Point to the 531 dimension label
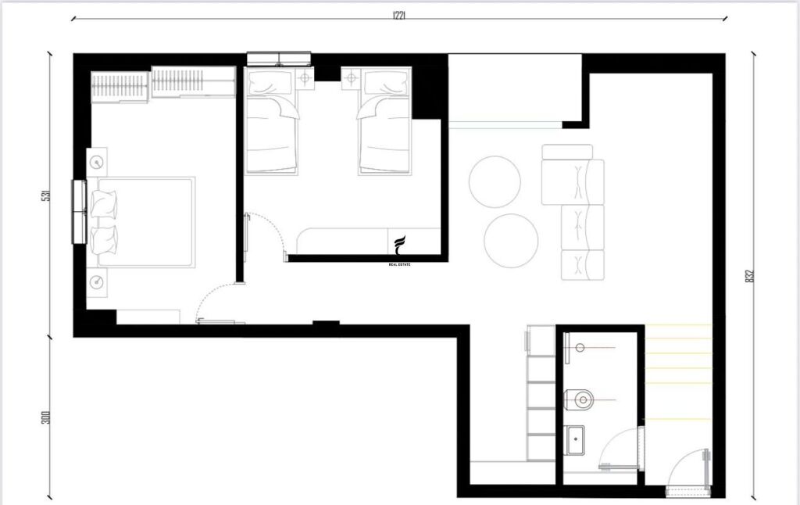click(x=46, y=195)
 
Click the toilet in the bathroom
click(x=582, y=400)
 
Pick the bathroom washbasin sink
click(x=576, y=439)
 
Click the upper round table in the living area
click(x=495, y=182)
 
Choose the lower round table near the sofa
click(x=510, y=241)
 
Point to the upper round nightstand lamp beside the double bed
click(x=97, y=162)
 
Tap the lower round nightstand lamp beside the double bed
click(x=97, y=281)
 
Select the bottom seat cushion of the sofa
click(x=584, y=265)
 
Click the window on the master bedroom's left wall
click(x=78, y=212)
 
